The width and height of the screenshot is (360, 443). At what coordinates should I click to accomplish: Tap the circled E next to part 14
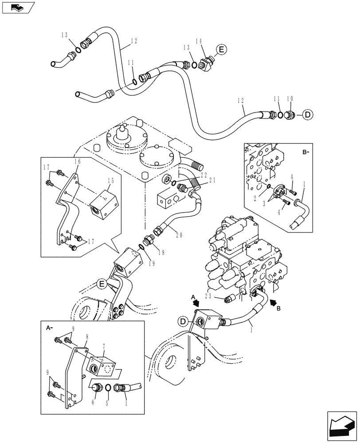pos(221,50)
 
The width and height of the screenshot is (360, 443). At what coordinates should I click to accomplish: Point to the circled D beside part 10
pos(308,115)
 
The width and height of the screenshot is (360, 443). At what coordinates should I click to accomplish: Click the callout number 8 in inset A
pos(87,336)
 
